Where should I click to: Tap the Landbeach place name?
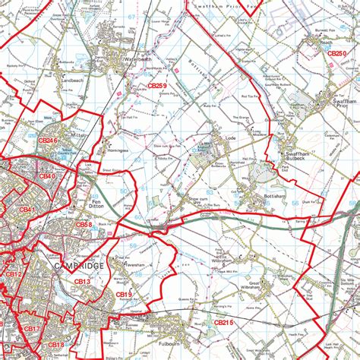72,80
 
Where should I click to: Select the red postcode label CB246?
49,140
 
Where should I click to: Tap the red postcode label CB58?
84,225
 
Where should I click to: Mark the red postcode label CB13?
82,282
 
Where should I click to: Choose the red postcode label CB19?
124,294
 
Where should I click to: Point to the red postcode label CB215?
225,324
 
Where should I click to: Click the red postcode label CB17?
31,329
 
